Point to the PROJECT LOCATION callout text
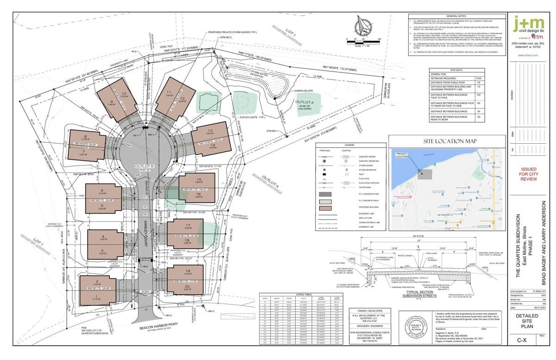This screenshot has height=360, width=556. pos(402,154)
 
